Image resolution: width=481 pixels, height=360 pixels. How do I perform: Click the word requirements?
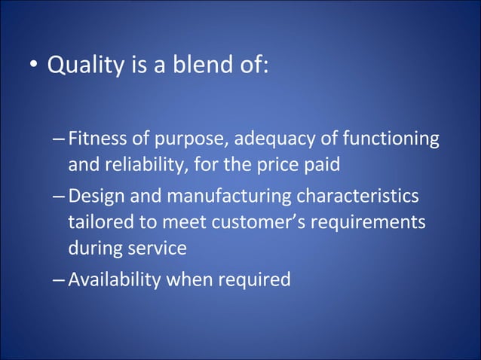click(372, 224)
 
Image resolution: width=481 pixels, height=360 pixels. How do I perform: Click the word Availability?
click(114, 280)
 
